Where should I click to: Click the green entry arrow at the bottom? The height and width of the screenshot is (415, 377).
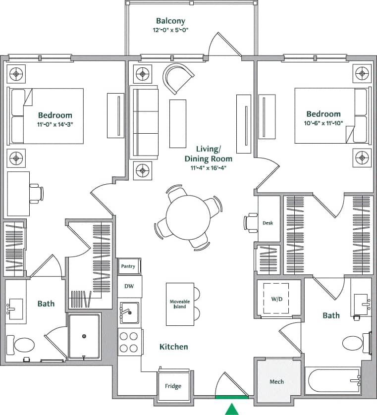231,409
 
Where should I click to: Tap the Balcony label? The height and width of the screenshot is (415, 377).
170,21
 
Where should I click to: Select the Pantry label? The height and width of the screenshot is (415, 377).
128,266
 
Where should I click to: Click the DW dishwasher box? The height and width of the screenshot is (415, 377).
129,286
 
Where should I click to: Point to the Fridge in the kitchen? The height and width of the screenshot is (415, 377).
173,386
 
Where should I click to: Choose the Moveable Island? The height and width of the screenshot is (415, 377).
179,304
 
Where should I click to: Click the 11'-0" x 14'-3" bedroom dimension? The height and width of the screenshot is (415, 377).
55,124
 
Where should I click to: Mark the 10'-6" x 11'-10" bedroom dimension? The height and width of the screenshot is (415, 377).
323,123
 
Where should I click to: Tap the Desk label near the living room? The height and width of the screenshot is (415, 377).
268,223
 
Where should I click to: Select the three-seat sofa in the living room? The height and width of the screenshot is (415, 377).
144,122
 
